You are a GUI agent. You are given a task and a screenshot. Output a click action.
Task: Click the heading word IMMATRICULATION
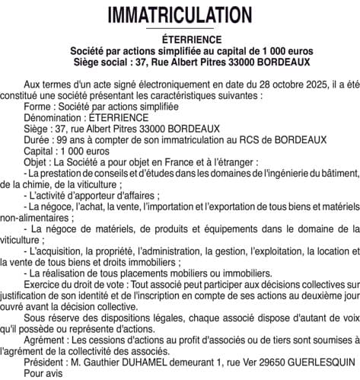coord(180,14)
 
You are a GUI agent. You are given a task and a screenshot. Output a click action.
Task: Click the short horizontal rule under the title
coord(180,29)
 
